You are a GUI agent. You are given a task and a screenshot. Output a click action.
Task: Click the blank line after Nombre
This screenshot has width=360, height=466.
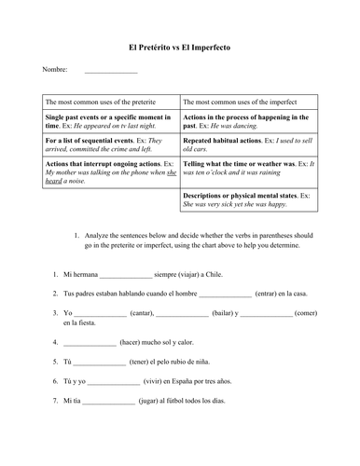[110, 71]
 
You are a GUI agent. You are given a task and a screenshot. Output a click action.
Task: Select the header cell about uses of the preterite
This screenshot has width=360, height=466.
[99, 102]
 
